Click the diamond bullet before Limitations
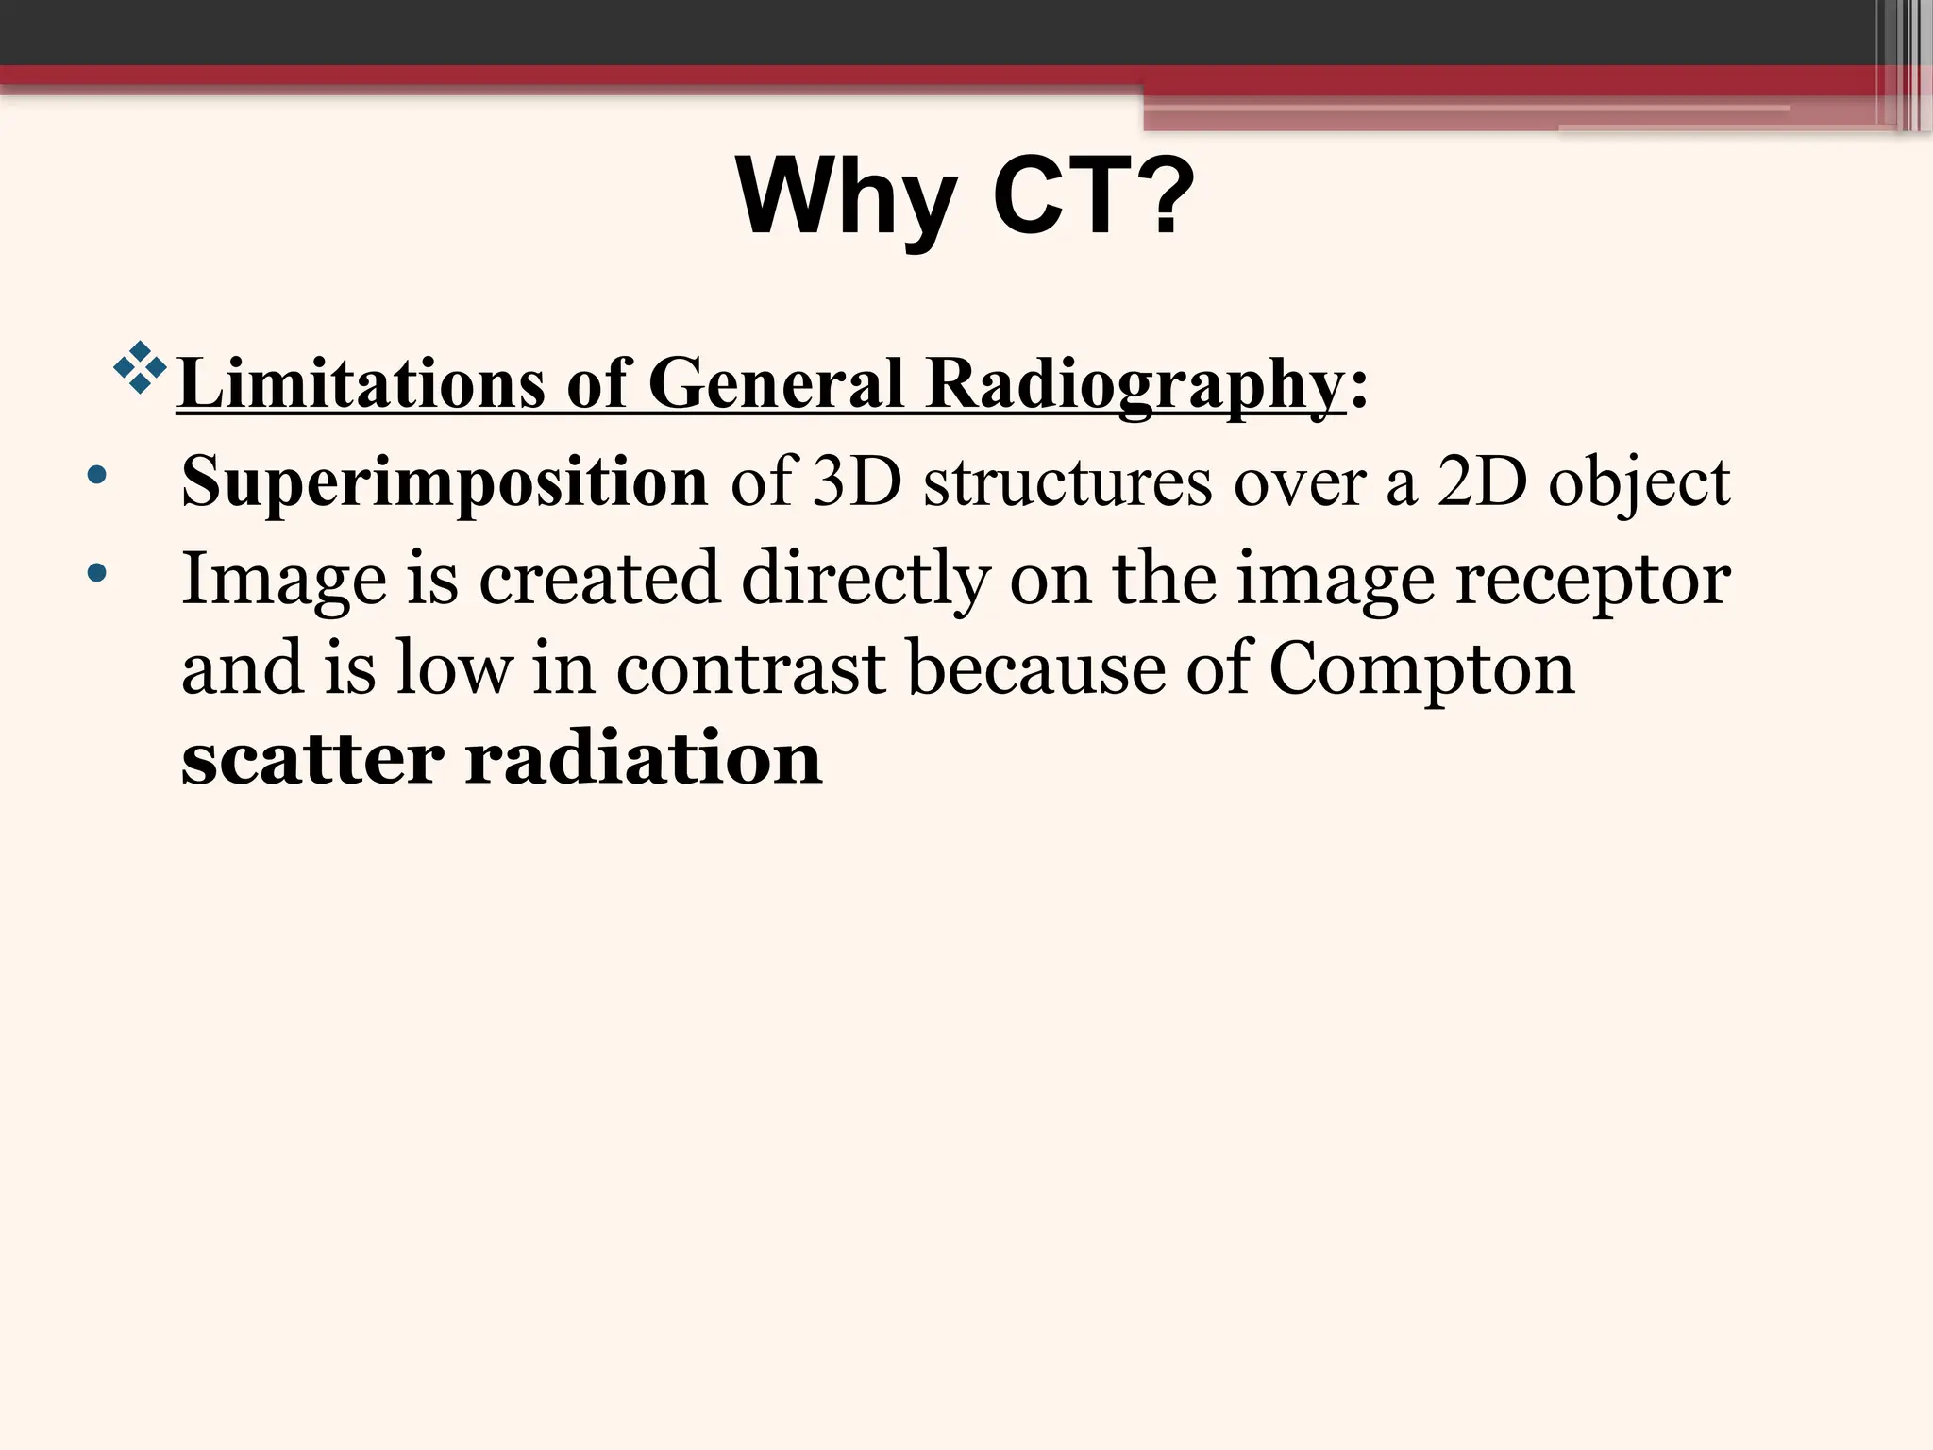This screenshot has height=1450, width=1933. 140,367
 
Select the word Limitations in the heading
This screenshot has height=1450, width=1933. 361,384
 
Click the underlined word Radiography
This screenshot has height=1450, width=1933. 1135,384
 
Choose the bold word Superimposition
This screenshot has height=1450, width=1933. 444,482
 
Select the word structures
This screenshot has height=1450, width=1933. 1067,482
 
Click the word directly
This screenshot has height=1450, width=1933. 866,579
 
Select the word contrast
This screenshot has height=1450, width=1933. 751,668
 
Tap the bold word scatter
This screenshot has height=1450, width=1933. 312,758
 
